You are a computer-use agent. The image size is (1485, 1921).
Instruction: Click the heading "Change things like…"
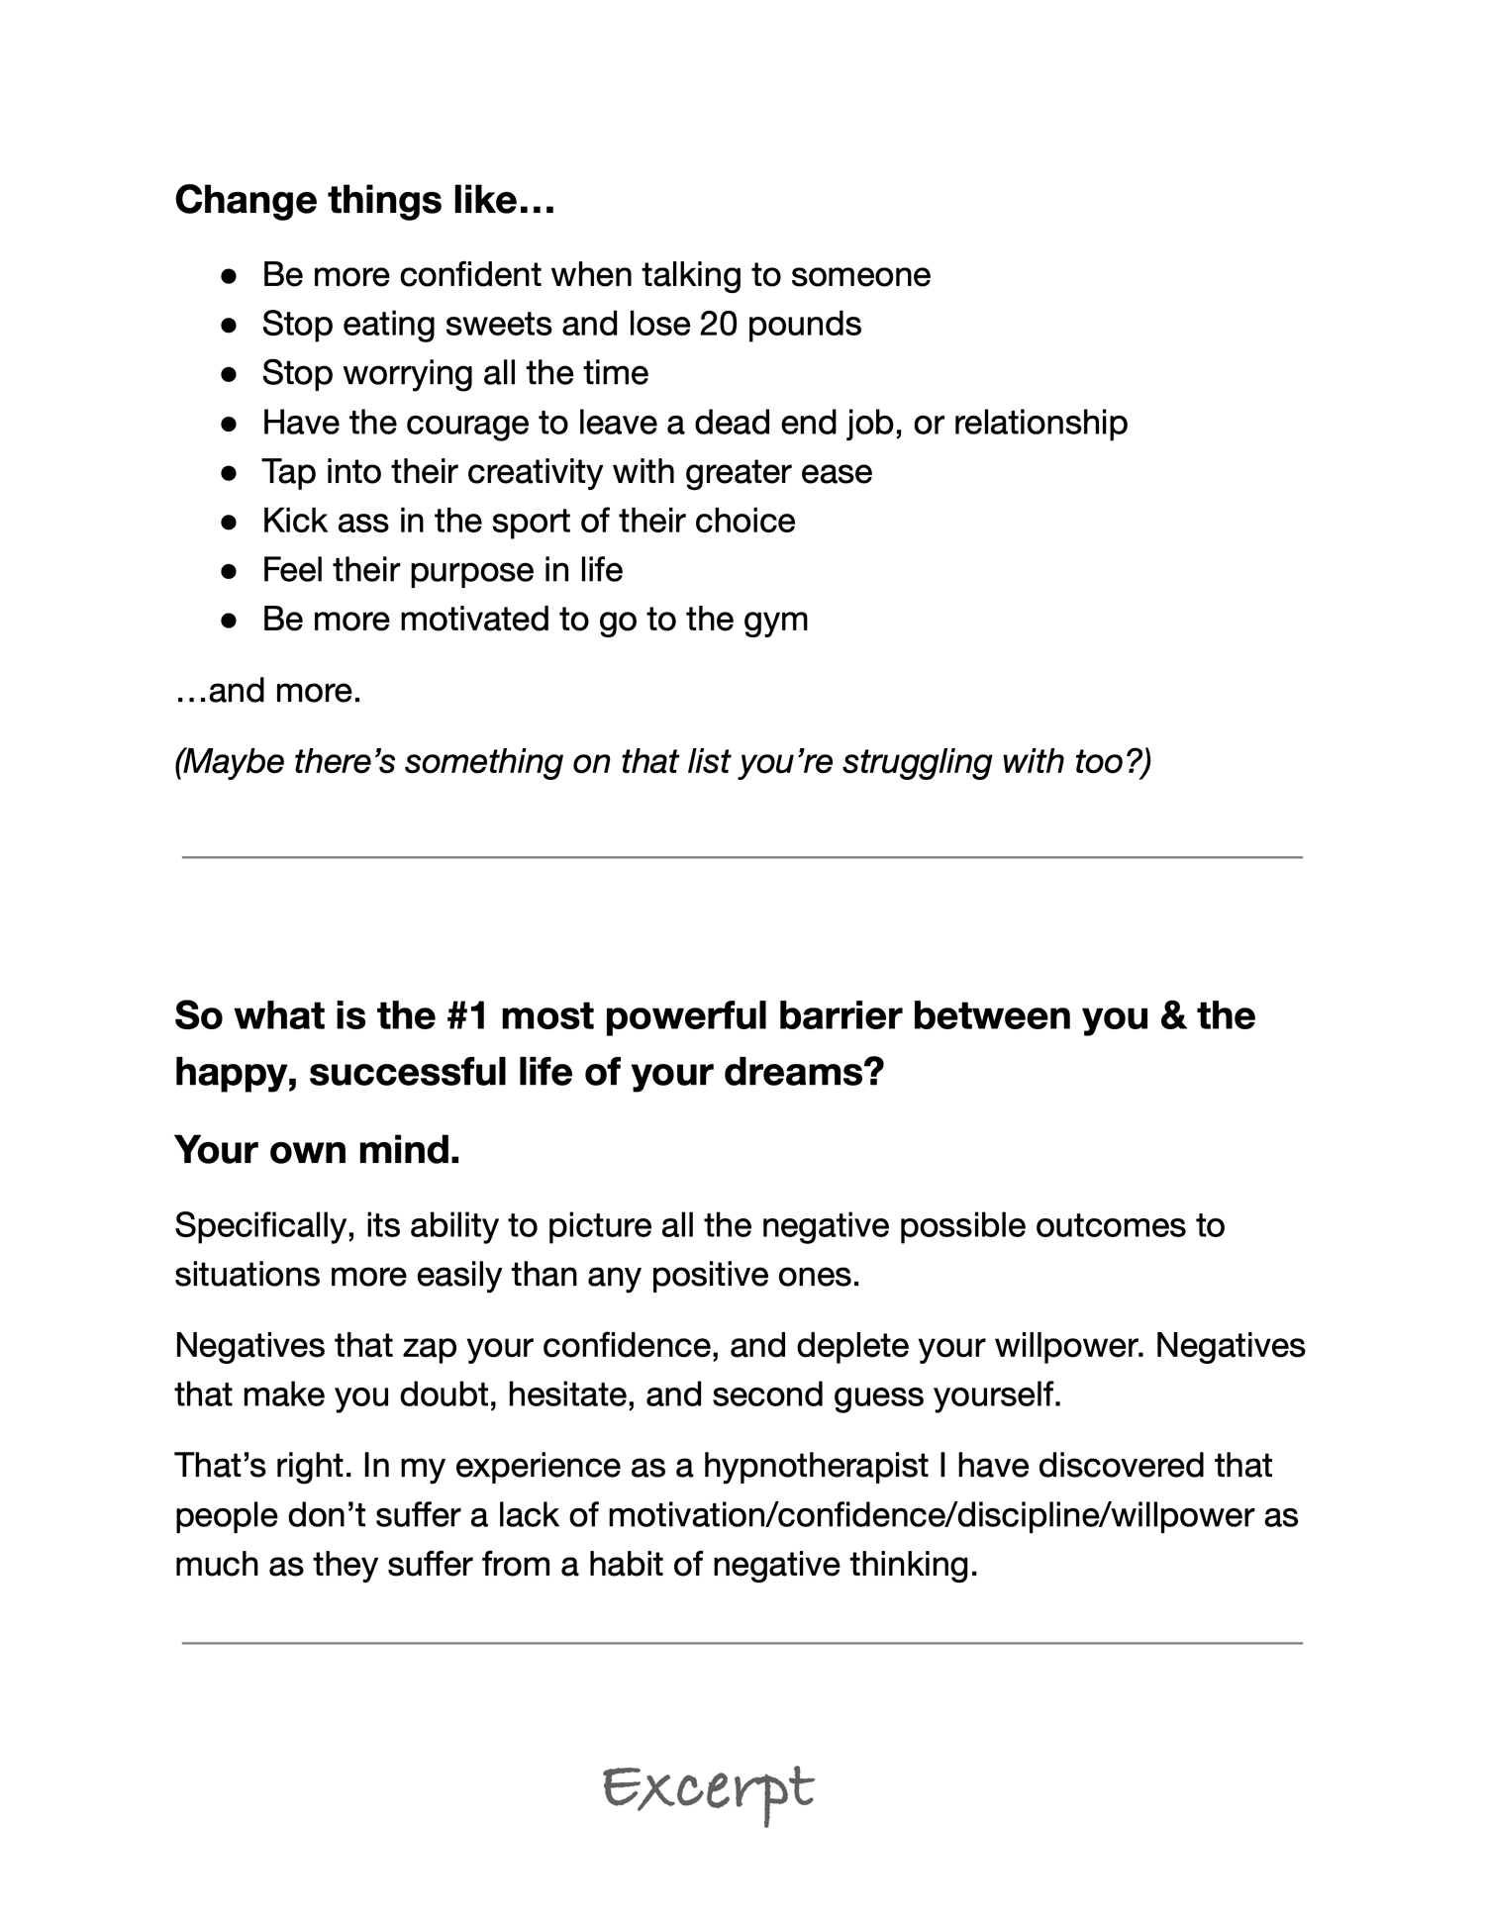pyautogui.click(x=364, y=200)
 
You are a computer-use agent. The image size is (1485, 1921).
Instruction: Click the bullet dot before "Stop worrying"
pyautogui.click(x=229, y=374)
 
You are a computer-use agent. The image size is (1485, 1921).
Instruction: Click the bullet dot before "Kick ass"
pyautogui.click(x=229, y=522)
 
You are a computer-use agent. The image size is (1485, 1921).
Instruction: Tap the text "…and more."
pyautogui.click(x=268, y=690)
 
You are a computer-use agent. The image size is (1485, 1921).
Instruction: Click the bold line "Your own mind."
pyautogui.click(x=317, y=1150)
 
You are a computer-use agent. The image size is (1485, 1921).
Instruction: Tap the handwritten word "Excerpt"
pyautogui.click(x=709, y=1790)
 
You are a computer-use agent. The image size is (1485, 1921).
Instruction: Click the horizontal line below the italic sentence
pyautogui.click(x=742, y=858)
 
